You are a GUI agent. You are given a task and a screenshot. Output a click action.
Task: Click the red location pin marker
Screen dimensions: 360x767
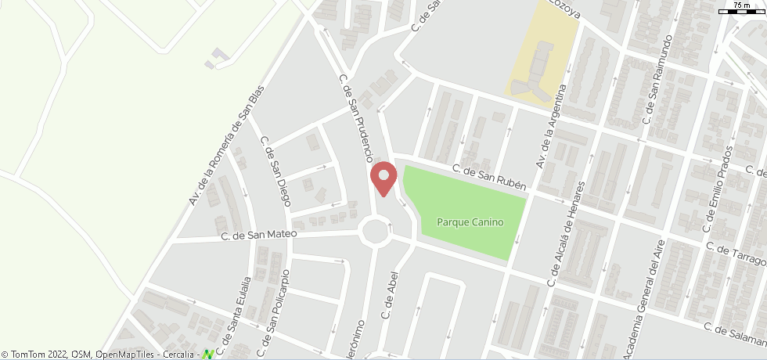(383, 178)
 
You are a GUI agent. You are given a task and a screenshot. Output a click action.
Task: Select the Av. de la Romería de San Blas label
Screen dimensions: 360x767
(228, 146)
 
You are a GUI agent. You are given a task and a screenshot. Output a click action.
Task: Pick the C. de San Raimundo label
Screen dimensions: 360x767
(657, 80)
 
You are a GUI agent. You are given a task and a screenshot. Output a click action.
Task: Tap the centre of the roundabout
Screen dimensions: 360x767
(376, 231)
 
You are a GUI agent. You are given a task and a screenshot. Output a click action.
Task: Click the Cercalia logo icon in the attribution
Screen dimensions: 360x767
(208, 355)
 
